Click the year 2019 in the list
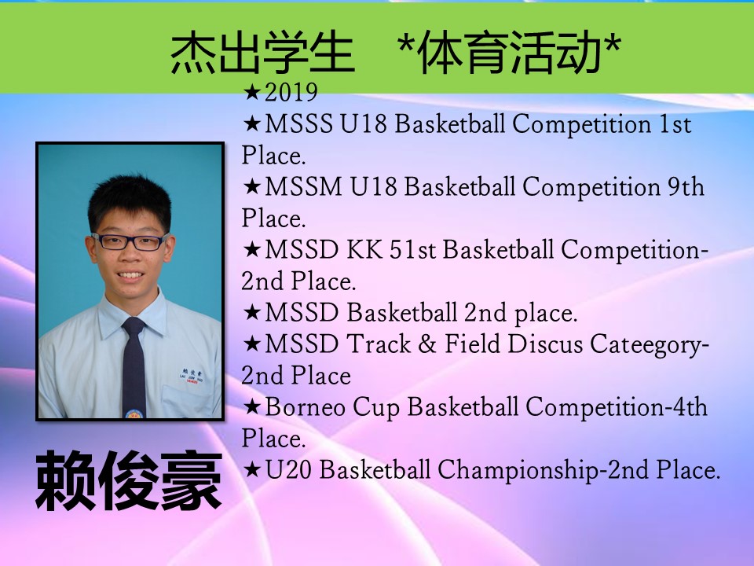[291, 93]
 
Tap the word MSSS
[298, 123]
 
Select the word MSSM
[303, 187]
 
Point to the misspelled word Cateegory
[646, 346]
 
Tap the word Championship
[518, 470]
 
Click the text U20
[288, 469]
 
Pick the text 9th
[686, 187]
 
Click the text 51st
[412, 250]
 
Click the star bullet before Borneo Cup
[252, 407]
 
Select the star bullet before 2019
[252, 92]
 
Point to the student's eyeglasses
[130, 241]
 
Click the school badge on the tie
[134, 413]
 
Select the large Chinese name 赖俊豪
[129, 480]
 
